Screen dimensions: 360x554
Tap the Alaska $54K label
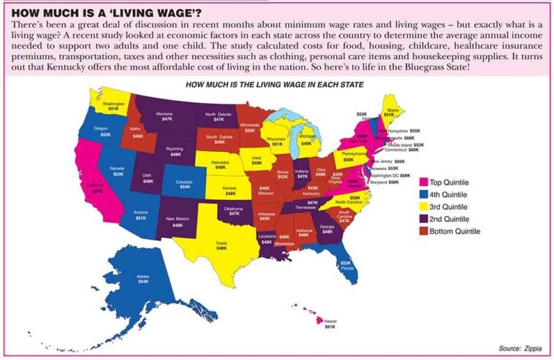click(143, 278)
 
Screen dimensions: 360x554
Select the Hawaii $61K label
click(330, 324)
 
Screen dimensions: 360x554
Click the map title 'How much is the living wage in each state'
click(275, 85)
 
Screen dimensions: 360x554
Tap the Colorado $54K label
click(185, 184)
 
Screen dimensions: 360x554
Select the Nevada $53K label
click(118, 171)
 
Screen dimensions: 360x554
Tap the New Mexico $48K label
click(178, 222)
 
